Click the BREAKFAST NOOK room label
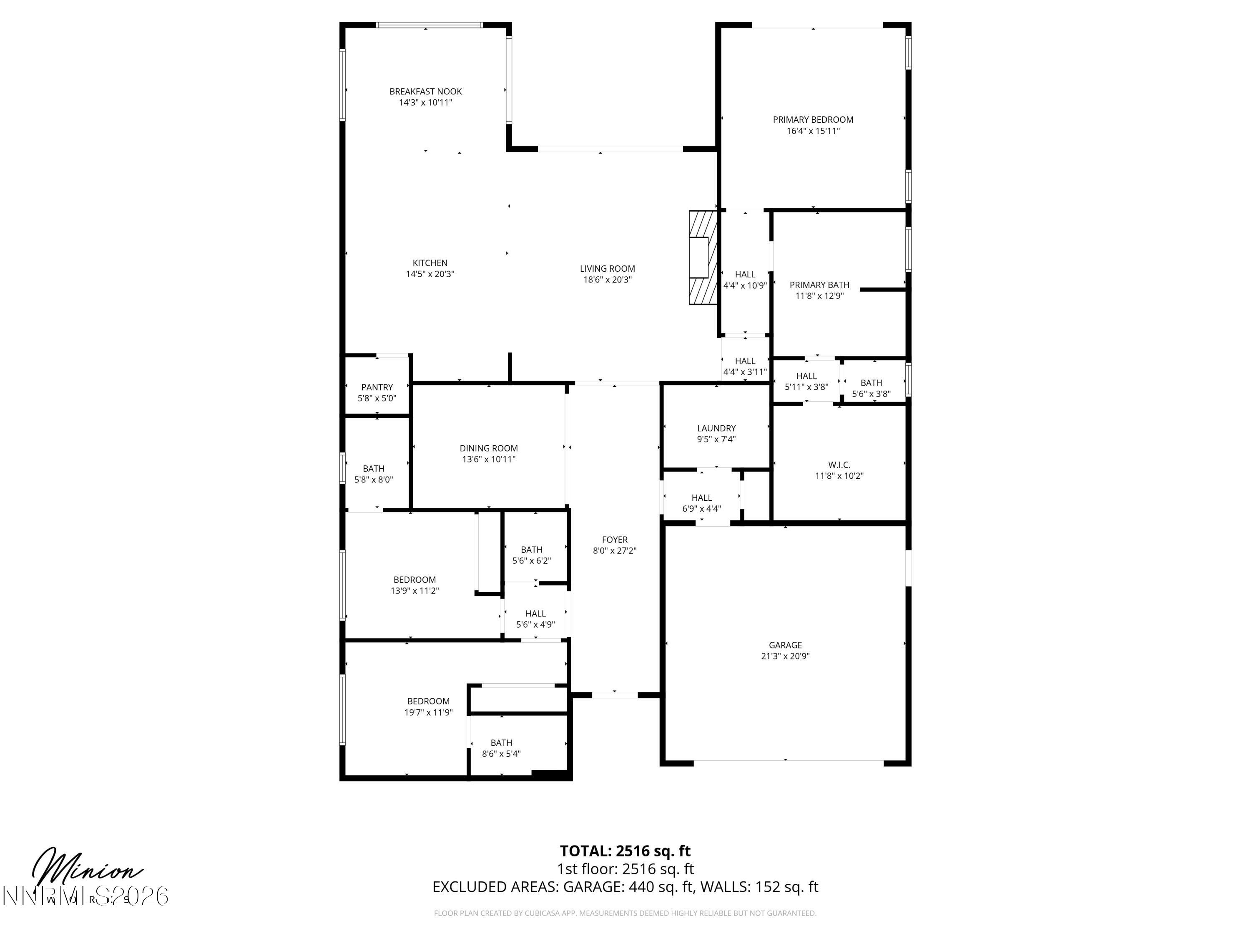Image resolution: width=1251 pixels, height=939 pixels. (x=425, y=91)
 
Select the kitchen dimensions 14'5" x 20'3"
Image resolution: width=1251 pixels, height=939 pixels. (x=430, y=274)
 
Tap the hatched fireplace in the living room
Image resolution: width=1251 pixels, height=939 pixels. (x=702, y=257)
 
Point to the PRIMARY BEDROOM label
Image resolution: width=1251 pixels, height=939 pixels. (x=813, y=119)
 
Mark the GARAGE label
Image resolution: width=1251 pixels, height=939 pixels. (x=785, y=645)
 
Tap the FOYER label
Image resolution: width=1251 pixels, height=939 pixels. (x=614, y=539)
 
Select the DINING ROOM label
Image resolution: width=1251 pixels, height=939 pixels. (x=489, y=448)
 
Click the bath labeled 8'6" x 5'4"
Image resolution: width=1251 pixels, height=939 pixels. (x=501, y=748)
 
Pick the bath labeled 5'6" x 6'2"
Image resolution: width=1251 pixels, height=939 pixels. (x=531, y=555)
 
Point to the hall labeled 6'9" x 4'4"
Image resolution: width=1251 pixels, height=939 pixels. (x=701, y=502)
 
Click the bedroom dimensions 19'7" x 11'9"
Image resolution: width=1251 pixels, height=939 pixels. (x=428, y=712)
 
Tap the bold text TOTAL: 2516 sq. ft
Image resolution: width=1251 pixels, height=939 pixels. (x=625, y=851)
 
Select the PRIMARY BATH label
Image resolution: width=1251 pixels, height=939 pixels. (x=819, y=285)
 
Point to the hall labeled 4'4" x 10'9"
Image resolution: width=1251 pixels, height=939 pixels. (x=745, y=280)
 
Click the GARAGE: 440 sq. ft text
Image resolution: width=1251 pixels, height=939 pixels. (x=628, y=886)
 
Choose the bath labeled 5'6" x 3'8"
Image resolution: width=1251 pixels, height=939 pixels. (x=871, y=388)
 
